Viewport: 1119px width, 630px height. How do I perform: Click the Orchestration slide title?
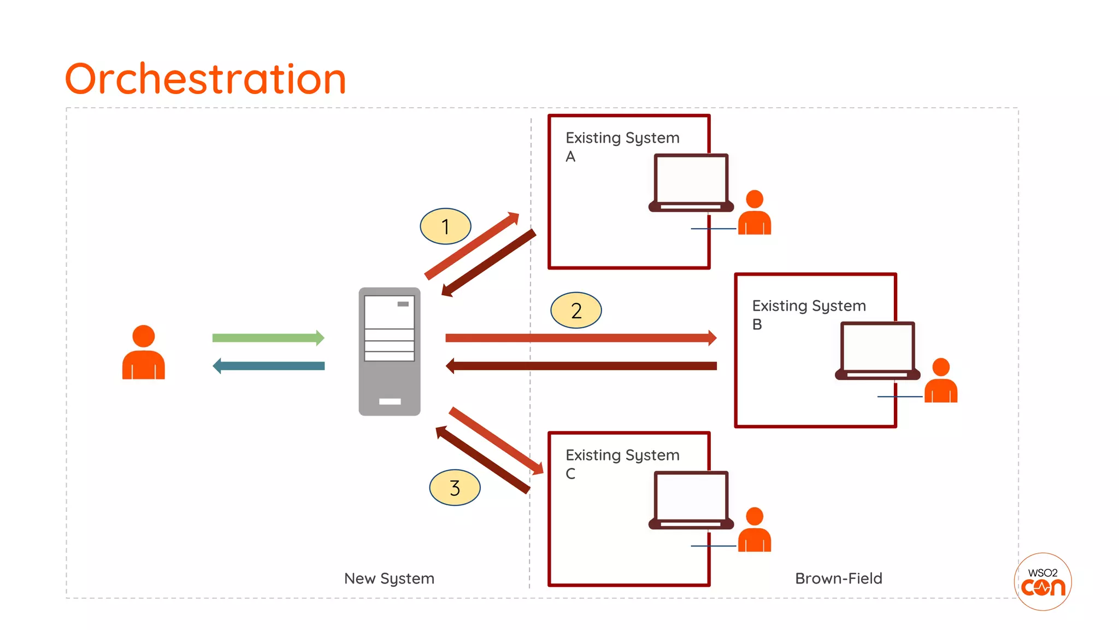click(x=205, y=79)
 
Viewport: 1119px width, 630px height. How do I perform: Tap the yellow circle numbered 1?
click(x=445, y=226)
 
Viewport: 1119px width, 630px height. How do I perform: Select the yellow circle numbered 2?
click(x=576, y=310)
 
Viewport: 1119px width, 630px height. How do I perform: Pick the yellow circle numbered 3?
click(x=455, y=487)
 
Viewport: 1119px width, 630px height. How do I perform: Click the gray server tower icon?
click(x=390, y=351)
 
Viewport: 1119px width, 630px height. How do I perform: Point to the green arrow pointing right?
click(x=268, y=337)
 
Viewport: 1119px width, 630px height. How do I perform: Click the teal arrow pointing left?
click(x=269, y=366)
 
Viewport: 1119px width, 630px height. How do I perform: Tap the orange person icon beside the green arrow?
click(x=143, y=353)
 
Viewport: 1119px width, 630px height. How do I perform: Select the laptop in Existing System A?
click(x=691, y=183)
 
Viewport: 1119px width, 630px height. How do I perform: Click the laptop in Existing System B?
click(x=877, y=351)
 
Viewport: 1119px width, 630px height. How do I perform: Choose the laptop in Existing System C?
click(x=691, y=500)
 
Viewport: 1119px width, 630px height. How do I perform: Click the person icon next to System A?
click(x=754, y=213)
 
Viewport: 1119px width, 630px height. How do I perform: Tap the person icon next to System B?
click(x=940, y=381)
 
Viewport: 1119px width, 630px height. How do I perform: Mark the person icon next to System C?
click(x=754, y=530)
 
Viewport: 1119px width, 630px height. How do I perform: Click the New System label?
click(x=389, y=578)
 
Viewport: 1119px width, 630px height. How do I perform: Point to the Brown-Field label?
click(x=838, y=578)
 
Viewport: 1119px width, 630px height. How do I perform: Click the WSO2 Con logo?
click(x=1043, y=582)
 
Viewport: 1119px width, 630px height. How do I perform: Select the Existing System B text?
click(x=809, y=314)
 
